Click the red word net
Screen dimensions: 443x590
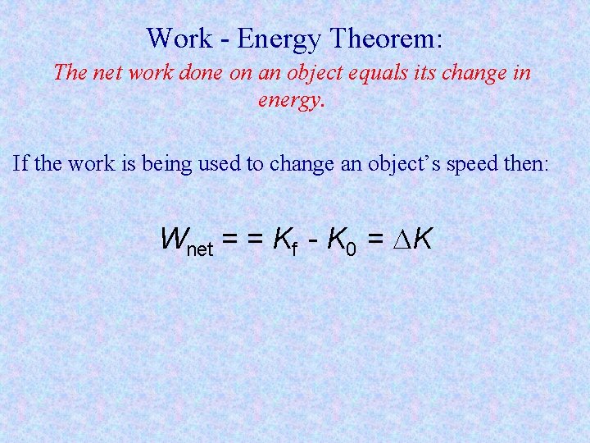107,73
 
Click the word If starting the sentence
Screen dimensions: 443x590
21,163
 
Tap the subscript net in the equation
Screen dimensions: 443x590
202,247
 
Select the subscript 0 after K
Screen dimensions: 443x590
351,248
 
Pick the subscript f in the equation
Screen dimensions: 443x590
293,247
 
